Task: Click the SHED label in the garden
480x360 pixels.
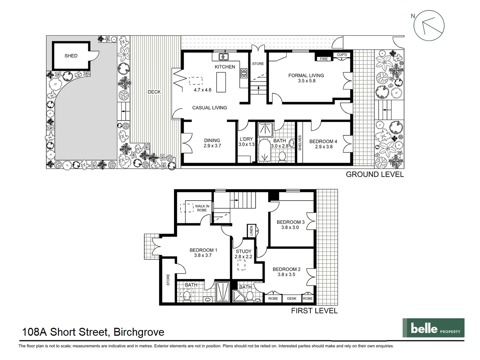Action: (x=71, y=56)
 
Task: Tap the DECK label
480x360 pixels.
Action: (x=154, y=92)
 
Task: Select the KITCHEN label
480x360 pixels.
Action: (x=225, y=67)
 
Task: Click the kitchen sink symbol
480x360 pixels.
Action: (x=223, y=57)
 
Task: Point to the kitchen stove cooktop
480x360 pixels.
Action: (x=244, y=73)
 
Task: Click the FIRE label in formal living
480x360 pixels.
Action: (x=324, y=59)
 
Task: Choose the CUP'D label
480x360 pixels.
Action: (x=342, y=55)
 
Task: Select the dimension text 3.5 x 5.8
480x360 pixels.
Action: (x=306, y=81)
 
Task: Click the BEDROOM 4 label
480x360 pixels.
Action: (x=323, y=141)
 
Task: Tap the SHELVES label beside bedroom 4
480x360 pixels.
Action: (x=300, y=143)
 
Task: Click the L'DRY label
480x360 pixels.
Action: (x=246, y=139)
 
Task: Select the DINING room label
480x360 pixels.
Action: (x=212, y=140)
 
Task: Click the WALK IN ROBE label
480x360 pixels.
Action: (x=202, y=208)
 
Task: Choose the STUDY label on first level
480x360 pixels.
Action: (x=243, y=251)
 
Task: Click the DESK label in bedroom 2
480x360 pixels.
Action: (x=292, y=298)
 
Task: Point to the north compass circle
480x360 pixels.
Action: (x=429, y=25)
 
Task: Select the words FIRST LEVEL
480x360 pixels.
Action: (x=314, y=311)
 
